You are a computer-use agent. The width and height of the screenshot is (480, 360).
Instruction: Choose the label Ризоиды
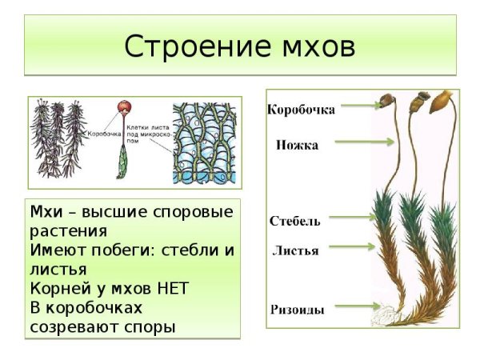[296, 309]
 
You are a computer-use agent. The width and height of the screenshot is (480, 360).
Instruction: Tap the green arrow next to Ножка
[364, 142]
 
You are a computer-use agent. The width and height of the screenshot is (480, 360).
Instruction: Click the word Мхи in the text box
[45, 212]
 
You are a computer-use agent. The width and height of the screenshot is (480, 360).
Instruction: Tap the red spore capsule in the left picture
[122, 108]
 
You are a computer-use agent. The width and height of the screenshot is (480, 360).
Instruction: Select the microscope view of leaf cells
[206, 143]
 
